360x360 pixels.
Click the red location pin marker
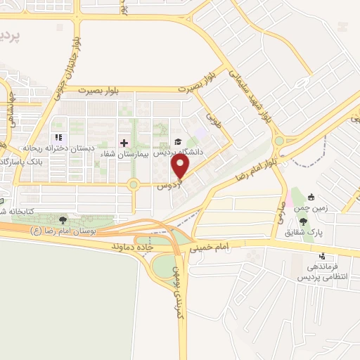point(181,167)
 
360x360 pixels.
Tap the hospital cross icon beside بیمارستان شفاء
point(124,142)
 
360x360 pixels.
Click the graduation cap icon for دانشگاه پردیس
point(177,141)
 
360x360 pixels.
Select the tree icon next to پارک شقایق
point(303,221)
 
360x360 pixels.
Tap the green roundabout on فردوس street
point(133,185)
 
